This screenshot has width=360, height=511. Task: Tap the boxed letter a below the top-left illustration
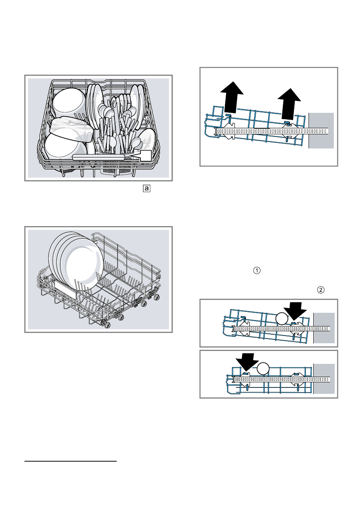[x=147, y=188]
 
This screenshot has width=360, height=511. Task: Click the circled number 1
[x=257, y=271]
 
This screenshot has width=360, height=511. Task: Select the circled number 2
[x=320, y=290]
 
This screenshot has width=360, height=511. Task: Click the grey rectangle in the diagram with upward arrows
[x=321, y=130]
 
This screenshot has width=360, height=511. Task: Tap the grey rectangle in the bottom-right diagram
[x=324, y=378]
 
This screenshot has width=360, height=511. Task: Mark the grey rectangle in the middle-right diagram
[x=324, y=328]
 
